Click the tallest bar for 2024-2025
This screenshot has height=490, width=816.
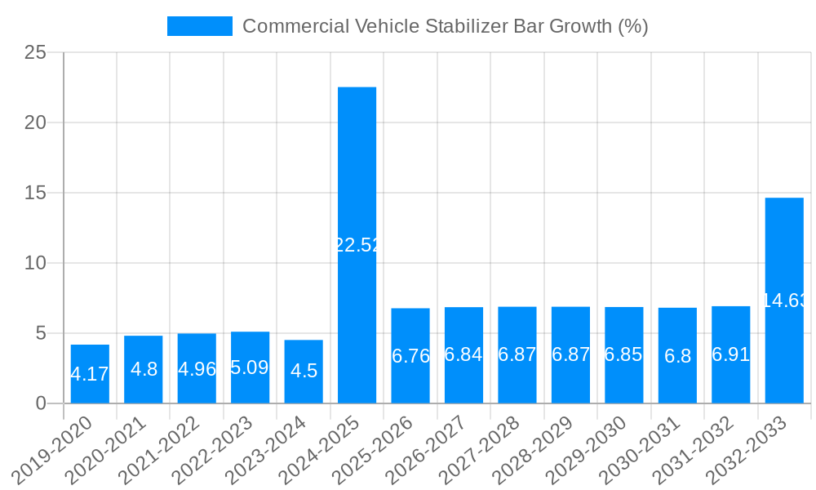pos(357,245)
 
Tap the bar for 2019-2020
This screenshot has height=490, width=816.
pos(90,374)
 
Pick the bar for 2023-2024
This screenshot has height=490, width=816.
pos(304,372)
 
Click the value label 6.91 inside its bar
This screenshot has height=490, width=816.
pos(730,354)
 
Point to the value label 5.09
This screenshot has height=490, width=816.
pos(250,367)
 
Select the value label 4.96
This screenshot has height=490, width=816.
pos(197,368)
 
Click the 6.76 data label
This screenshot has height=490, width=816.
pos(410,356)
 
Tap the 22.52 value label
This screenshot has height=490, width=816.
pos(357,245)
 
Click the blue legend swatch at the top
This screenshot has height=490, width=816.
pos(199,26)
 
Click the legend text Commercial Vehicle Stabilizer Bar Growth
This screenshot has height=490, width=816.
pos(445,26)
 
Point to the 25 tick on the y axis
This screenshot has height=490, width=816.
pos(36,53)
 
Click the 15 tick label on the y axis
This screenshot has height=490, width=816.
pos(36,194)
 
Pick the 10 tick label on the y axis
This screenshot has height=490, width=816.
pos(36,264)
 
